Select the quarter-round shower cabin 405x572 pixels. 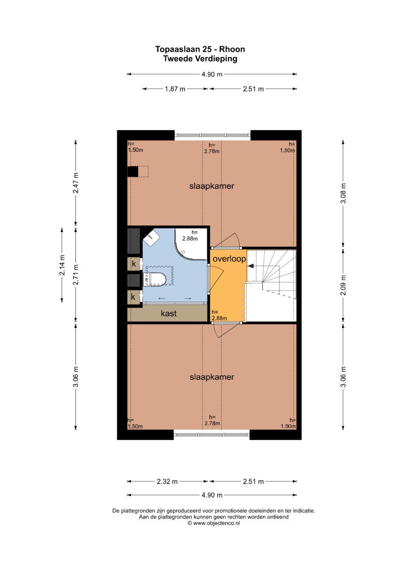point(191,244)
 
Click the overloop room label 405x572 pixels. point(229,259)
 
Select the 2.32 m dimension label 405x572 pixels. point(167,482)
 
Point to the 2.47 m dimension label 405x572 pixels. point(76,183)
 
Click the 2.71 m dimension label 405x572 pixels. point(76,275)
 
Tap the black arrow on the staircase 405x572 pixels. point(250,266)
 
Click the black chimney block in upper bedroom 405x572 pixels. point(133,171)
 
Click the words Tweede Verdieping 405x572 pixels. point(200,59)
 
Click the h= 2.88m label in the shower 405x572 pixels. point(190,236)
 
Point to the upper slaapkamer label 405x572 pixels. point(212,186)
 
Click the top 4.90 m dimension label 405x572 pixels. point(212,74)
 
